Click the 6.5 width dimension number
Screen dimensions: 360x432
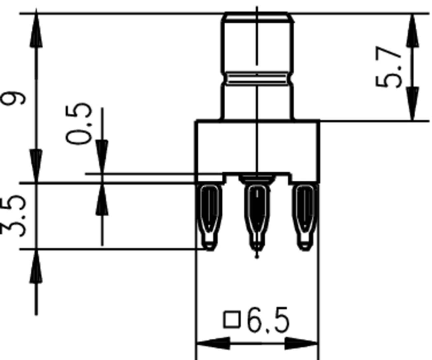268,321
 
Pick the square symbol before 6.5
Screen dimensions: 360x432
232,319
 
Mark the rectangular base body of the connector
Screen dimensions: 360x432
257,146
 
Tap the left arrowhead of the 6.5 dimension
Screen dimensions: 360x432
213,343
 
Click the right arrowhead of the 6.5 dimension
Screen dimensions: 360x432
301,343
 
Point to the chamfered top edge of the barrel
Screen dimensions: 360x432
257,15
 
